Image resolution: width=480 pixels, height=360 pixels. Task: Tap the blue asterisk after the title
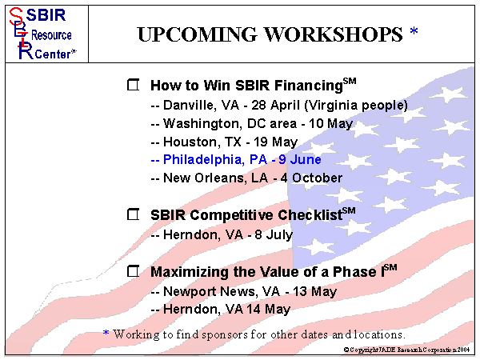(414, 32)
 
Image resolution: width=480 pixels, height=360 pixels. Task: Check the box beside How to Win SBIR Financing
(134, 85)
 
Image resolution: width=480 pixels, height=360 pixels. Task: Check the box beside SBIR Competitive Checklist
(134, 215)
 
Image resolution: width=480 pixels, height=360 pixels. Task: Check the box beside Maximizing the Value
(134, 272)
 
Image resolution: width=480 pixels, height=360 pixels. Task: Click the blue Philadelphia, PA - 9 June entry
(235, 159)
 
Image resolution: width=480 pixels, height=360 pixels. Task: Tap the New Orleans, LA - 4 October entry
(246, 178)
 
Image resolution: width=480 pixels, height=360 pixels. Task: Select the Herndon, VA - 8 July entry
(221, 234)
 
